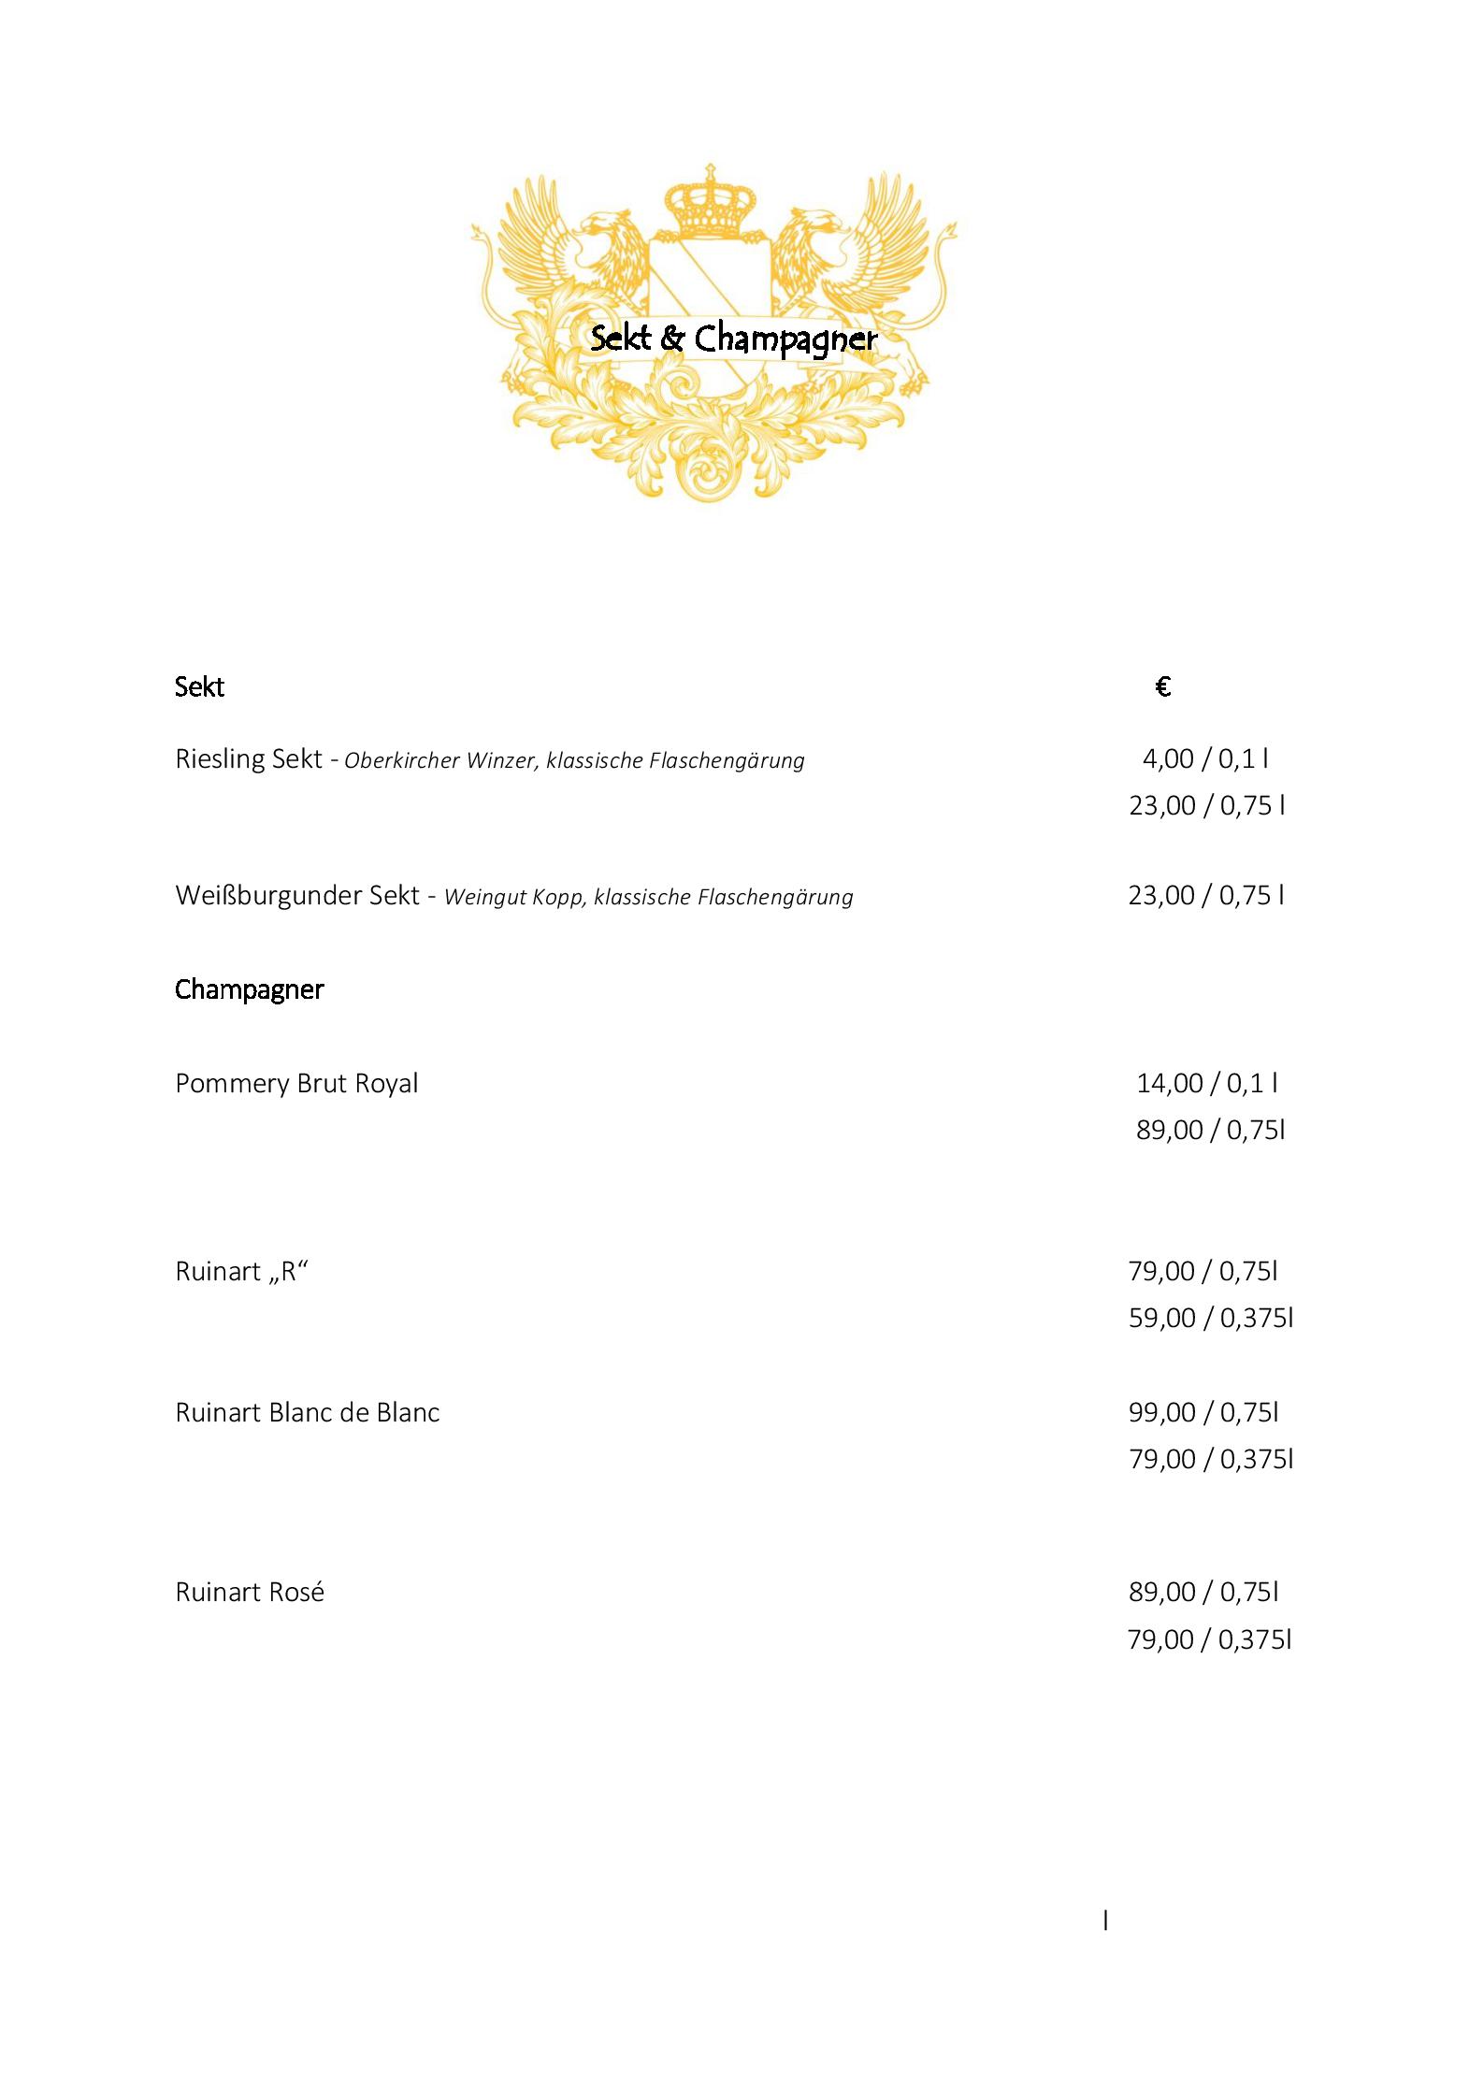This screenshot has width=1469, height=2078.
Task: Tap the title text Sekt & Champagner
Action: (x=734, y=339)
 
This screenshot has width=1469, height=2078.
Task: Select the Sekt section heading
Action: (x=199, y=687)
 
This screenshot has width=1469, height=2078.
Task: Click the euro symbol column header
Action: (x=1163, y=687)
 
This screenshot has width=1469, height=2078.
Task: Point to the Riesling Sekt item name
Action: (x=248, y=758)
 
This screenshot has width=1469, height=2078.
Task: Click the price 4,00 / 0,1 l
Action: (x=1205, y=758)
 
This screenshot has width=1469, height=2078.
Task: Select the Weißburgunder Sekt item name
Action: (x=297, y=895)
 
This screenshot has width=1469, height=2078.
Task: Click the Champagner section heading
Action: (x=249, y=989)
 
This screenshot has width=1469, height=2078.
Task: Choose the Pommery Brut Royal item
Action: (x=296, y=1083)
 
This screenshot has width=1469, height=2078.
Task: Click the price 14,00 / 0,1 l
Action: (x=1207, y=1083)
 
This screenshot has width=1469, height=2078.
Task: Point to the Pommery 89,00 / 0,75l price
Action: (x=1210, y=1130)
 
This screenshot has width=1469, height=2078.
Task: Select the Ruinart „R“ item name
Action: (x=241, y=1271)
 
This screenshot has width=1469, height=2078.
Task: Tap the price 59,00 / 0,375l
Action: (x=1210, y=1318)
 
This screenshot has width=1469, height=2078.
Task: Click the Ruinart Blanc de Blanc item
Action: (x=307, y=1412)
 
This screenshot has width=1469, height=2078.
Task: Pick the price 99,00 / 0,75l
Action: (x=1203, y=1412)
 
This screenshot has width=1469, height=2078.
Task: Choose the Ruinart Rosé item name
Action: (x=250, y=1593)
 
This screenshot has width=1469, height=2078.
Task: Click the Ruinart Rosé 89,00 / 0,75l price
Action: (x=1203, y=1592)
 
